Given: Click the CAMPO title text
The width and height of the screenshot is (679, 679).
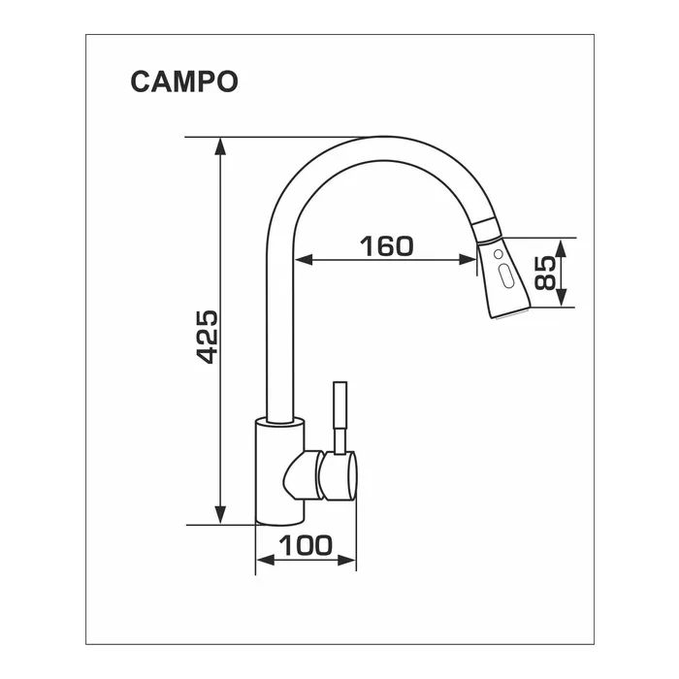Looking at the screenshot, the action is (x=184, y=81).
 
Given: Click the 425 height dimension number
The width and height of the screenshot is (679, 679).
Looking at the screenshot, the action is (x=208, y=337).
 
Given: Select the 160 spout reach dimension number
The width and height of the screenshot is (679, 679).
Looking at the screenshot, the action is (x=387, y=245).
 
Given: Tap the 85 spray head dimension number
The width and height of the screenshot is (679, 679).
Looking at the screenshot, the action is (x=545, y=273).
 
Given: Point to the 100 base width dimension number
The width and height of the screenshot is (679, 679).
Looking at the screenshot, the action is (x=306, y=545).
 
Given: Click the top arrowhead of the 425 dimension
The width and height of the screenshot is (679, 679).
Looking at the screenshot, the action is (x=220, y=145).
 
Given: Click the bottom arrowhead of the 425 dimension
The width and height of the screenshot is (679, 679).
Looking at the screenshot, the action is (x=220, y=515).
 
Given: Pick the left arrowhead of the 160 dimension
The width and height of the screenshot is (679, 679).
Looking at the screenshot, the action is (x=303, y=260).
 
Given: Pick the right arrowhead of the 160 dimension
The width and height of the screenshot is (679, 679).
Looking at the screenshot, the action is (x=468, y=260).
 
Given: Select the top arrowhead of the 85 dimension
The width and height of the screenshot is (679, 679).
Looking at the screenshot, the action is (x=561, y=247).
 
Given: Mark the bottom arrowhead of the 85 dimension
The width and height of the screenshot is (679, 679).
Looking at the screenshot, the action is (x=561, y=298).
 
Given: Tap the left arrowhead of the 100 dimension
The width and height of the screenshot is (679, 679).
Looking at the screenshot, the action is (x=266, y=560).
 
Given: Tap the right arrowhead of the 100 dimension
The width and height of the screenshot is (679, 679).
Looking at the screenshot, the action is (x=346, y=560).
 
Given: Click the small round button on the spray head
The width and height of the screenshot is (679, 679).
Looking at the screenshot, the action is (x=499, y=254).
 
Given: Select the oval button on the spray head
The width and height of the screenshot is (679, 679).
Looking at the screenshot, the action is (x=505, y=275).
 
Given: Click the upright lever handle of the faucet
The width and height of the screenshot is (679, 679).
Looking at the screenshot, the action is (x=339, y=417).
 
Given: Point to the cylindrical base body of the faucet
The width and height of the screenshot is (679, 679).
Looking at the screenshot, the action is (x=279, y=471).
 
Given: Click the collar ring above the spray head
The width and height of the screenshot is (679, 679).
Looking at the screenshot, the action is (x=487, y=230).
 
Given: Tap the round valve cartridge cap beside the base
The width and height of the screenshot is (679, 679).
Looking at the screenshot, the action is (x=339, y=475).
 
